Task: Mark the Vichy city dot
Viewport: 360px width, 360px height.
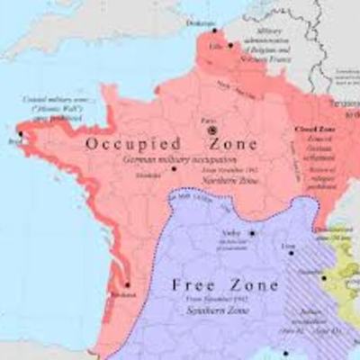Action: click(253, 233)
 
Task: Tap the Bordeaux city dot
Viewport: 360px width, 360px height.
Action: click(128, 285)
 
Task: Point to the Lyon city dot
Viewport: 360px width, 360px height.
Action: click(290, 253)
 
